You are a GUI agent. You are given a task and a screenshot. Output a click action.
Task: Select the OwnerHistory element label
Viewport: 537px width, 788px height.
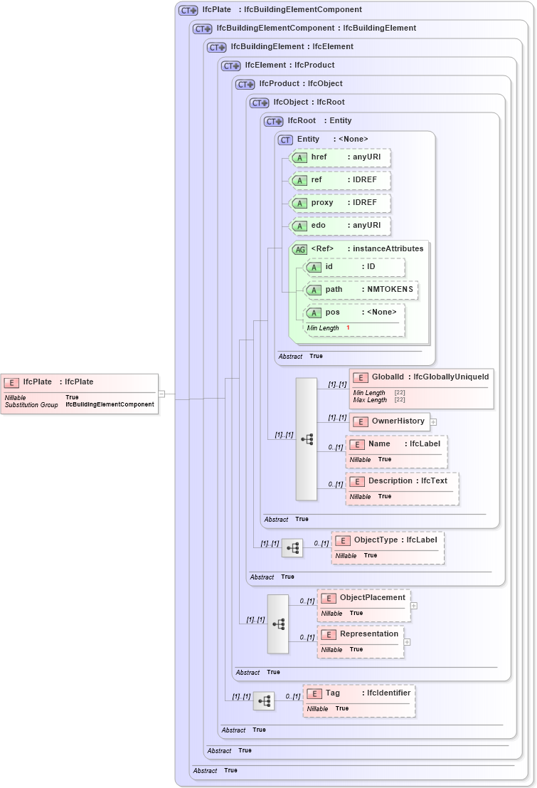[398, 421]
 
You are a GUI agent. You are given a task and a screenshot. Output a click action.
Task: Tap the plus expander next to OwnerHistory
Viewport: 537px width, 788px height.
[433, 422]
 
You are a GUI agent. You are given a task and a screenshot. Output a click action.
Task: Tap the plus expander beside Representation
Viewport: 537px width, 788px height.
[408, 642]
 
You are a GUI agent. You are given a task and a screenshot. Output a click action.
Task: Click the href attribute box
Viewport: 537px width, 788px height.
[341, 157]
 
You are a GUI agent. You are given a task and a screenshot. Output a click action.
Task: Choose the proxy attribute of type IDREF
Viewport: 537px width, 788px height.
[341, 203]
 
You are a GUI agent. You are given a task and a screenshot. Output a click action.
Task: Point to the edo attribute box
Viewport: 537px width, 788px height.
[341, 226]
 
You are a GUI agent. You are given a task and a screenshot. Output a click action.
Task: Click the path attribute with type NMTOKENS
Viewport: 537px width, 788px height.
[361, 290]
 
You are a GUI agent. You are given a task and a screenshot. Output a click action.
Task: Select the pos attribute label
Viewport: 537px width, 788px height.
[333, 312]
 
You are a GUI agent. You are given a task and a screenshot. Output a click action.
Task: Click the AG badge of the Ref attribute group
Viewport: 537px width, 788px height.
[300, 249]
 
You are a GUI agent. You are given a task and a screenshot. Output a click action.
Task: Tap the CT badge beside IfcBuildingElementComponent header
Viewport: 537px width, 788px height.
[203, 28]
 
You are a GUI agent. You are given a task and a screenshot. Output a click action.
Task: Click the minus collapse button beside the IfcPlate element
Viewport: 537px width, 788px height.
[162, 393]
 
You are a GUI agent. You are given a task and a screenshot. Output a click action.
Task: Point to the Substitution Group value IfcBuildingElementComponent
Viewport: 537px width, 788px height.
[110, 404]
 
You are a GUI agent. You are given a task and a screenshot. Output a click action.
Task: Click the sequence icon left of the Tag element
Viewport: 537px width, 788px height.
[264, 701]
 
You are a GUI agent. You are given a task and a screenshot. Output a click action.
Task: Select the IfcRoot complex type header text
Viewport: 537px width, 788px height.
[302, 121]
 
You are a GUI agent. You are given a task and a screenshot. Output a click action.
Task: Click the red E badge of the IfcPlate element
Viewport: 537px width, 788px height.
[12, 382]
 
